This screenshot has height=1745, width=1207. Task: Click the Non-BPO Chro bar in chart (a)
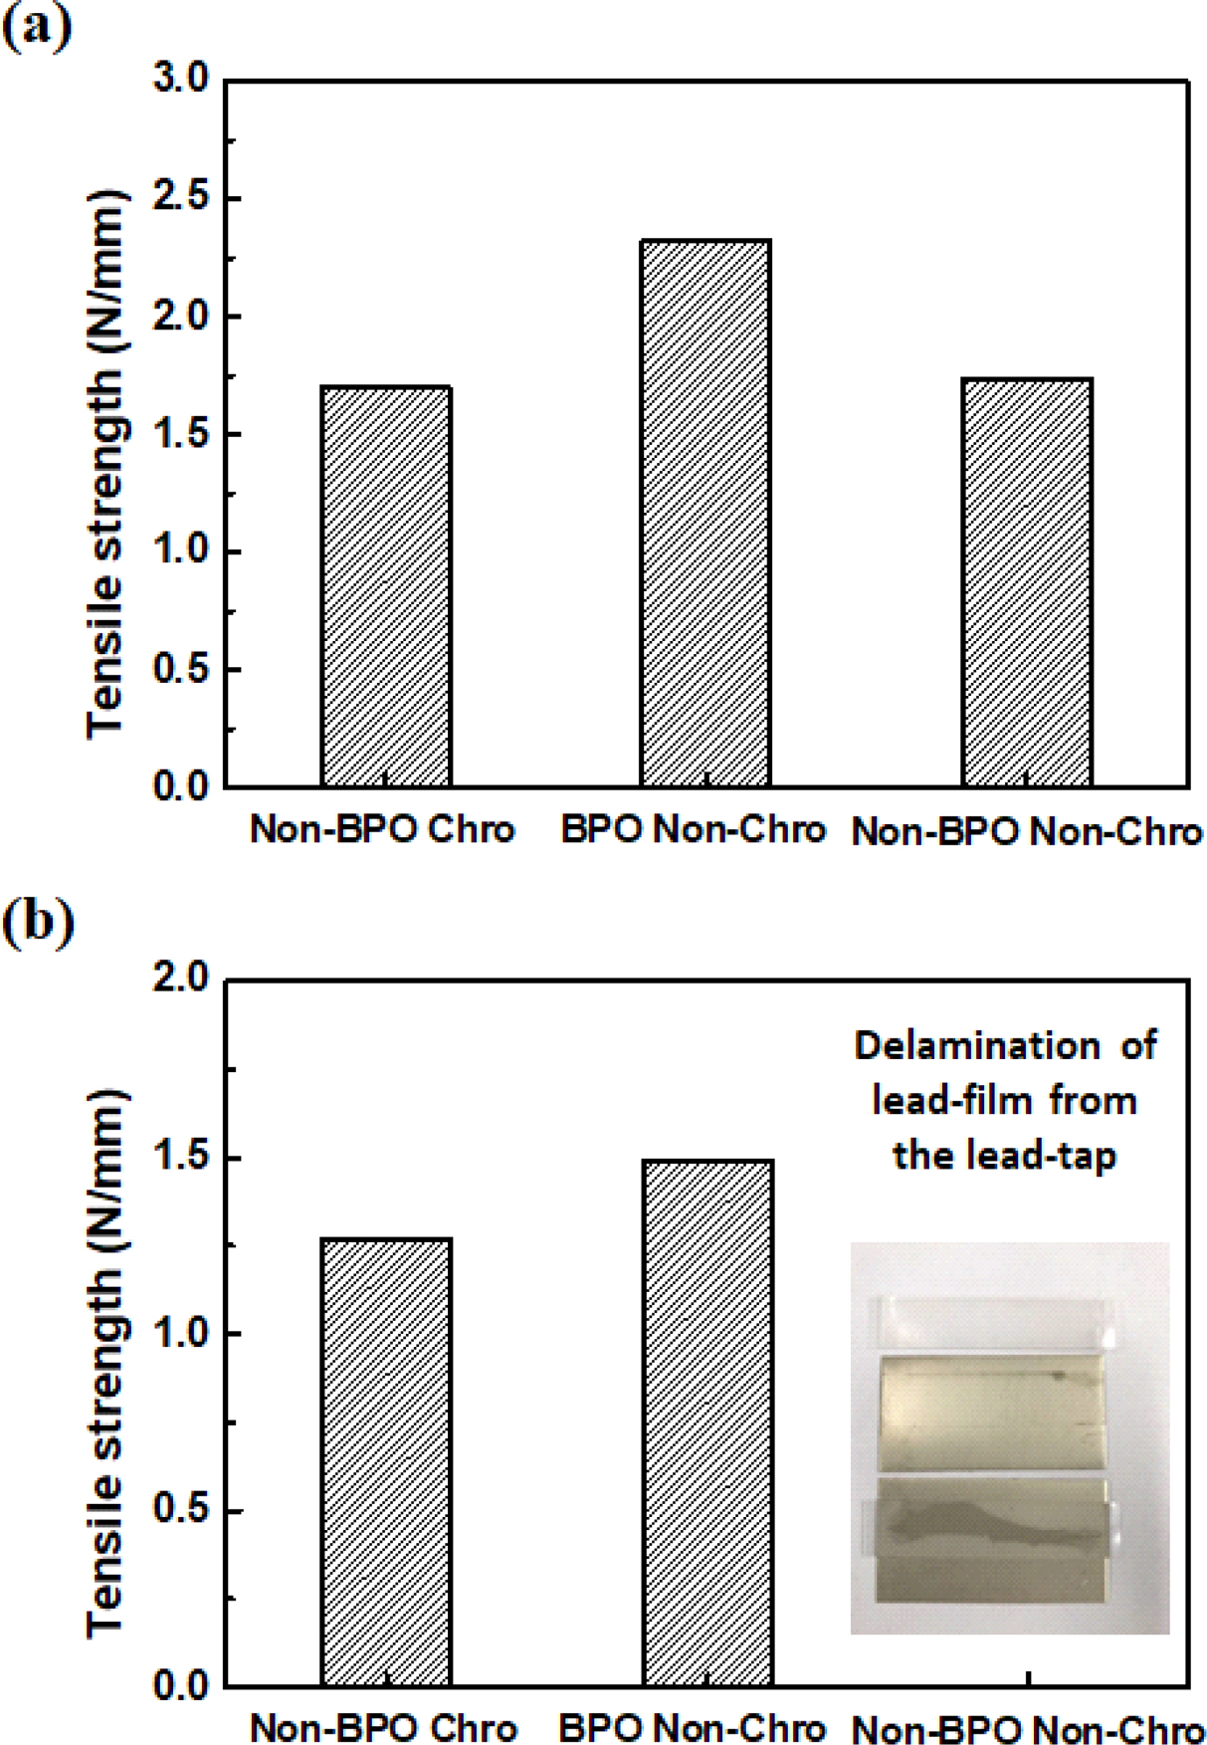pyautogui.click(x=386, y=586)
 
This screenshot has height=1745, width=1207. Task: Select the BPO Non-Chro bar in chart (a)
pyautogui.click(x=704, y=513)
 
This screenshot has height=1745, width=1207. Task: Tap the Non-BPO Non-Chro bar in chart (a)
pyautogui.click(x=1026, y=582)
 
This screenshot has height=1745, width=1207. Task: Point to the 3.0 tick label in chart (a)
pyautogui.click(x=181, y=79)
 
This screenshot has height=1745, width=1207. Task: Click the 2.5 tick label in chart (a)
pyautogui.click(x=181, y=197)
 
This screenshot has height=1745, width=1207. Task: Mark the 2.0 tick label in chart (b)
pyautogui.click(x=181, y=979)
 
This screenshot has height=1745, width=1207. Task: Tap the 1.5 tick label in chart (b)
pyautogui.click(x=181, y=1158)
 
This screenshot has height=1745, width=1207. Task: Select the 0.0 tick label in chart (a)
pyautogui.click(x=181, y=786)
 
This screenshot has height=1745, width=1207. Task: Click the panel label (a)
pyautogui.click(x=37, y=27)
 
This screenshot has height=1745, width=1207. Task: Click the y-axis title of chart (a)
pyautogui.click(x=107, y=463)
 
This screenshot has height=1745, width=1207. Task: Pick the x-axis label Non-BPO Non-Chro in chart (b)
pyautogui.click(x=1027, y=1730)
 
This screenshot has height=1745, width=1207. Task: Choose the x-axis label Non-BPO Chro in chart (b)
pyautogui.click(x=383, y=1728)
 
